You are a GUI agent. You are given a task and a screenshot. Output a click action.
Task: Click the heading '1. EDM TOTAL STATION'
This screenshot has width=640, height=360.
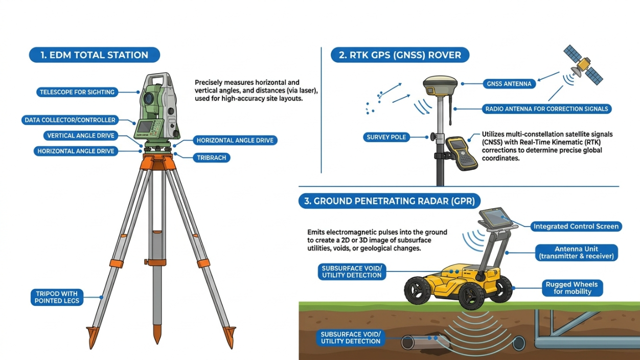click(94, 55)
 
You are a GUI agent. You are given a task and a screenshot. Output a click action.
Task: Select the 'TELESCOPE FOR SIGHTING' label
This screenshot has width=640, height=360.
click(77, 92)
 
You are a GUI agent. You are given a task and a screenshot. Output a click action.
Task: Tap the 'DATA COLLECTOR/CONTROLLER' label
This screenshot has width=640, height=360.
click(70, 120)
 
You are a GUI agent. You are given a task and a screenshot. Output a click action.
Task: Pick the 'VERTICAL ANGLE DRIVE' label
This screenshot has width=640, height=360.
click(81, 136)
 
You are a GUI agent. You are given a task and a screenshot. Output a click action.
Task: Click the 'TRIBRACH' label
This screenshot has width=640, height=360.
click(212, 157)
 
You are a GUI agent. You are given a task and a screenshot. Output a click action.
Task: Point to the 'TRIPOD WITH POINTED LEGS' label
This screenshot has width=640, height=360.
click(57, 297)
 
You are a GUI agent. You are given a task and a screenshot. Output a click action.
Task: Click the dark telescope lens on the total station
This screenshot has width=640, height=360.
click(149, 99)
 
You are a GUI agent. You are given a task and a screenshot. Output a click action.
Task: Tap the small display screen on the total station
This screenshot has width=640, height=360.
click(145, 127)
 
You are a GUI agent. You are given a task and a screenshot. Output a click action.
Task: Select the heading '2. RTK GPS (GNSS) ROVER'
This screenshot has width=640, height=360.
click(400, 55)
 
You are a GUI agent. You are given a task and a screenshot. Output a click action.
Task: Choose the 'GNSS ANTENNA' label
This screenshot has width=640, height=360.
click(509, 84)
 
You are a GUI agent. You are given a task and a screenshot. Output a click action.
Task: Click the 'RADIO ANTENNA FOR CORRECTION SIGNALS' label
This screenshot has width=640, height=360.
click(547, 109)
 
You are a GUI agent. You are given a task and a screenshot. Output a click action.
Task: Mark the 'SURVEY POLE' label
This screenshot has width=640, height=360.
click(386, 137)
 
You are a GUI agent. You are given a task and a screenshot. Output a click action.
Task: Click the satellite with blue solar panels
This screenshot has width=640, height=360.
click(583, 65)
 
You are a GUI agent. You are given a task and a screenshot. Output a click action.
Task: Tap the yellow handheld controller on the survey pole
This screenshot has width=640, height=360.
click(462, 153)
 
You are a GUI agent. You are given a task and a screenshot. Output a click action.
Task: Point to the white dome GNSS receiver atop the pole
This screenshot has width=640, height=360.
click(440, 85)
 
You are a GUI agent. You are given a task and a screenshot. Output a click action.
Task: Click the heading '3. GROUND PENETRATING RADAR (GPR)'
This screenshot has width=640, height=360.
click(390, 201)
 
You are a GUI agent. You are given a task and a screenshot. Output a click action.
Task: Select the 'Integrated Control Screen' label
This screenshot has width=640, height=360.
click(576, 227)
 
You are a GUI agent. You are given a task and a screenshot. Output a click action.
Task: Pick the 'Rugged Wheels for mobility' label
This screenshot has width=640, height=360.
click(572, 288)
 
